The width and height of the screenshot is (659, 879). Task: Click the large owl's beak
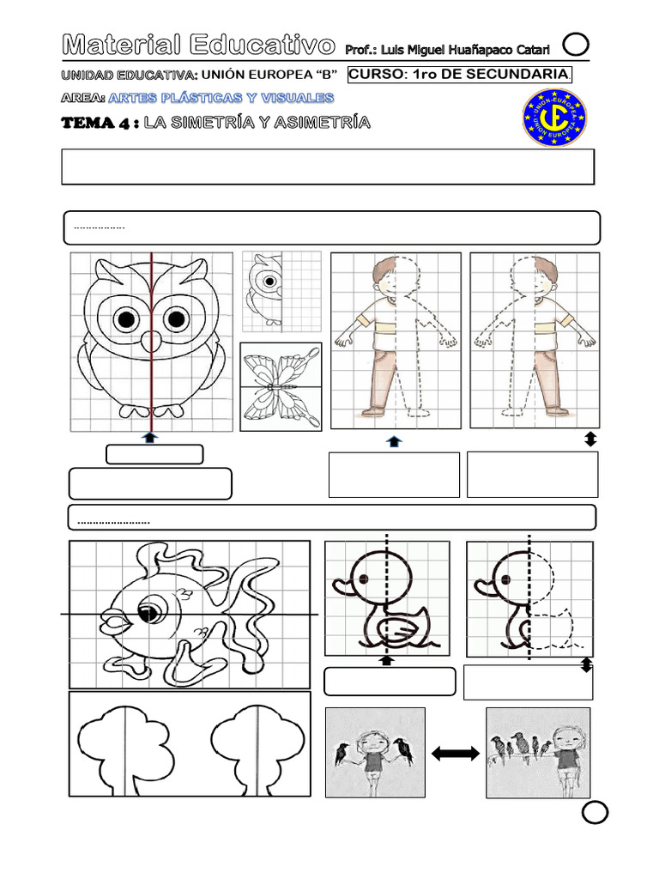click(151, 336)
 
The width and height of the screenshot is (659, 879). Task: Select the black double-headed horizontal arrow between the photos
click(455, 753)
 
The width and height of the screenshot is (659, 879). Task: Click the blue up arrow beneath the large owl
click(151, 437)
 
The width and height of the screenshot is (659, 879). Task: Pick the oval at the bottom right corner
click(595, 814)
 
